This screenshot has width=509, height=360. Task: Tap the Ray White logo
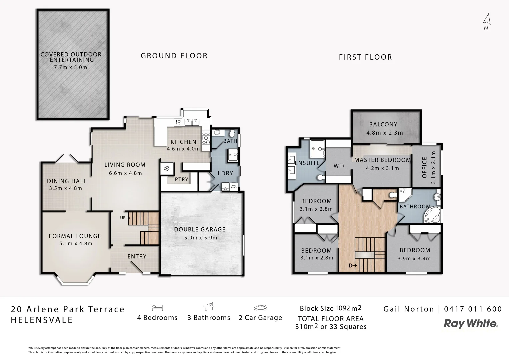click(471, 323)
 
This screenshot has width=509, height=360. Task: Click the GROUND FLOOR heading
click(174, 56)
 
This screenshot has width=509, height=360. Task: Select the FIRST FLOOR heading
click(365, 57)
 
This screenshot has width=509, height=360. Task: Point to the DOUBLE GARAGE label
click(200, 229)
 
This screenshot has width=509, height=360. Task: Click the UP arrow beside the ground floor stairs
click(125, 218)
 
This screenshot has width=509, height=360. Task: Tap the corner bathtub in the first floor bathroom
click(432, 215)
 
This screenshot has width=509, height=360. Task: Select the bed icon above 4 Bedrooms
click(157, 307)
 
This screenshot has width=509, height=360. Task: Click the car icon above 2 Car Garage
click(260, 307)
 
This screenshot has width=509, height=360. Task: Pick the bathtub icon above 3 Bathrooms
click(209, 307)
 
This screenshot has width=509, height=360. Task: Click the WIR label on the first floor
click(339, 166)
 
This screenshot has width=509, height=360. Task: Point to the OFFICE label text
click(425, 167)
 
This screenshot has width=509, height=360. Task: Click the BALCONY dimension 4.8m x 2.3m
click(385, 133)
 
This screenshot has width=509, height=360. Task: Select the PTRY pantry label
click(182, 179)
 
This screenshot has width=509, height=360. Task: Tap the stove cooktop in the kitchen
click(206, 139)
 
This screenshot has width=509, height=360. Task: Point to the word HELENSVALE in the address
click(42, 320)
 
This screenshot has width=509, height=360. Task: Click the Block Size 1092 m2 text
click(330, 308)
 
